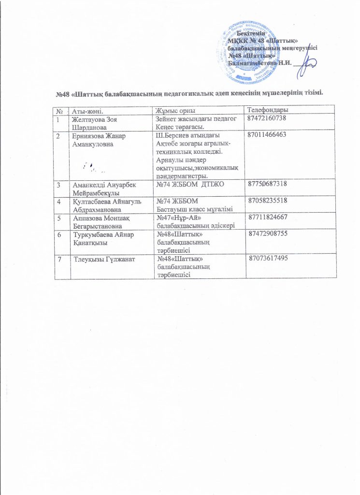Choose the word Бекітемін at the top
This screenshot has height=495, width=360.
coord(251,33)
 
